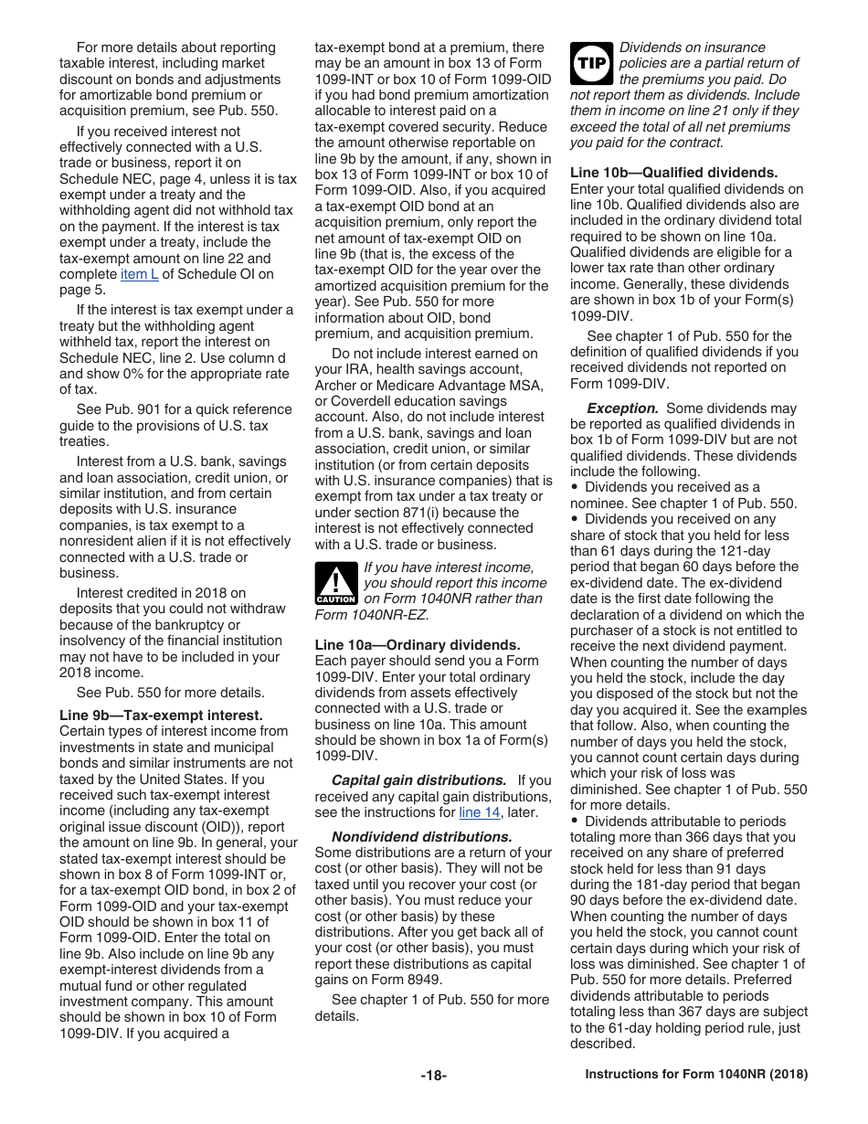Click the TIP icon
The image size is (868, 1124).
[590, 62]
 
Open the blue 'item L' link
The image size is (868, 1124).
[139, 274]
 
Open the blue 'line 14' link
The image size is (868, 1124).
[479, 812]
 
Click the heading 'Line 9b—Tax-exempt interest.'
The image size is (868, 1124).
[161, 716]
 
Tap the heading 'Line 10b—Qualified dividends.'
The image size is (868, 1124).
[674, 172]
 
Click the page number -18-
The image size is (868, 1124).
[433, 1076]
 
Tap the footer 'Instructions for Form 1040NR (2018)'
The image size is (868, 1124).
[696, 1076]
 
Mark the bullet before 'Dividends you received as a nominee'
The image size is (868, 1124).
[575, 488]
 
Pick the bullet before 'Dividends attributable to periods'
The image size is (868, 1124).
[575, 822]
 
